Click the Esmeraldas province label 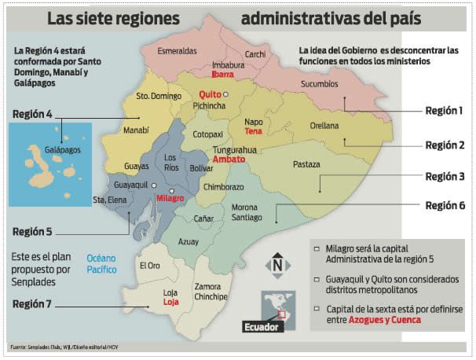[x=177, y=51]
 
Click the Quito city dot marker [x=225, y=94]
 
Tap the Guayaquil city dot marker [x=154, y=186]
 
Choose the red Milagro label [x=170, y=198]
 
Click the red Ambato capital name [x=229, y=159]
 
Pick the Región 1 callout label [x=444, y=111]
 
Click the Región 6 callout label [x=444, y=206]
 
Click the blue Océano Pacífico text [x=101, y=263]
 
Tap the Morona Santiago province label [x=250, y=212]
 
